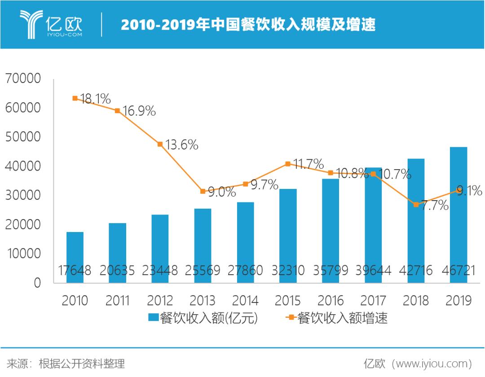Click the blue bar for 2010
[75, 251]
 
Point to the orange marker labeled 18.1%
[75, 98]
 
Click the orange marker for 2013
[203, 191]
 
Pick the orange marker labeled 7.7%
[416, 204]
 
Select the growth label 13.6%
[181, 145]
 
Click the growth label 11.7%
[308, 163]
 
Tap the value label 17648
[75, 270]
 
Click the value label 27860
[245, 270]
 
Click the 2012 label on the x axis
[160, 300]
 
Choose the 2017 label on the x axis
[373, 300]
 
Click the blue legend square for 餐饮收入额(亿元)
[153, 318]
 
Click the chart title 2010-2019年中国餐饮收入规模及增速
[248, 24]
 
